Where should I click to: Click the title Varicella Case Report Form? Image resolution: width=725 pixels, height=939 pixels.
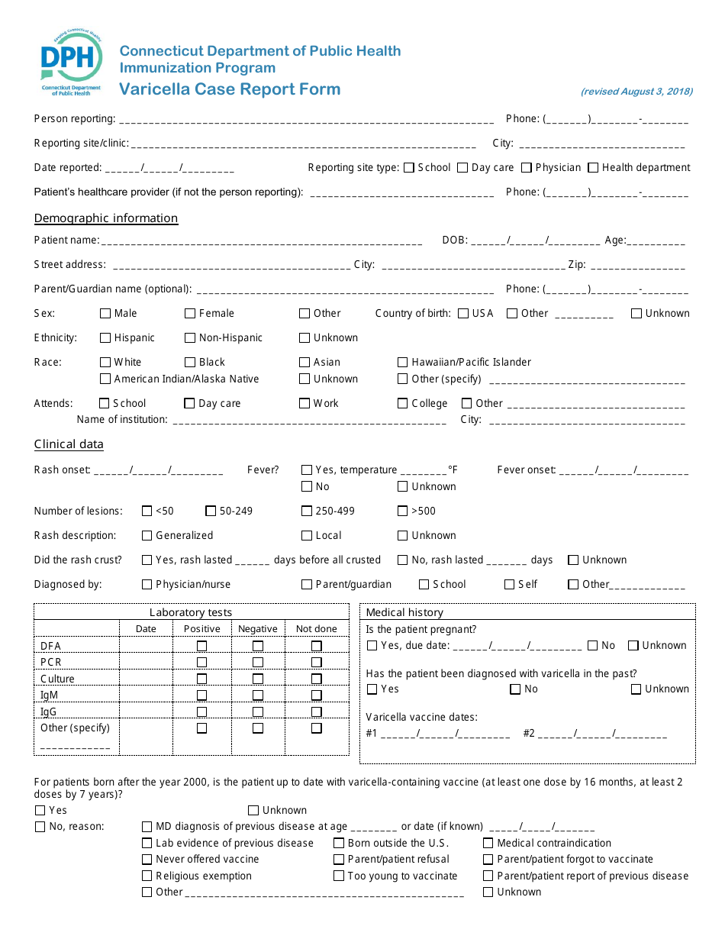(x=230, y=89)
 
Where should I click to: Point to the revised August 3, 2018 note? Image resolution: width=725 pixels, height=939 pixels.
(x=636, y=92)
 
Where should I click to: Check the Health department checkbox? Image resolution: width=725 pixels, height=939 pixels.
(x=593, y=168)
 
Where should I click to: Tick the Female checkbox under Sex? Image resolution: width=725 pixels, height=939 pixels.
(x=190, y=314)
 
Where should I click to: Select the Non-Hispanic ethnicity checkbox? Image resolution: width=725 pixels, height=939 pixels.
(x=190, y=338)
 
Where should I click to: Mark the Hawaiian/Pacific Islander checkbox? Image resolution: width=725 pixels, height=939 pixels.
(x=403, y=363)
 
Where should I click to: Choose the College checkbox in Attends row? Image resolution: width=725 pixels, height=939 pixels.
(x=403, y=404)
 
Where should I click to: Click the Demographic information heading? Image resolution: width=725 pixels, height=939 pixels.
(x=106, y=218)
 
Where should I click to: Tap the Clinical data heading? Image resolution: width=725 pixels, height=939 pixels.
(x=69, y=444)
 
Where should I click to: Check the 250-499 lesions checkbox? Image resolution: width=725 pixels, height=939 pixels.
(x=307, y=511)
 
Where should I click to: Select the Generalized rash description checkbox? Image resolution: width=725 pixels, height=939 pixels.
(x=147, y=536)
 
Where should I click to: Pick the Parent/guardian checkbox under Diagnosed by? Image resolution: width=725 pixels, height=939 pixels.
(x=307, y=585)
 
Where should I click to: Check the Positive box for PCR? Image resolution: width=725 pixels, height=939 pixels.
(x=201, y=663)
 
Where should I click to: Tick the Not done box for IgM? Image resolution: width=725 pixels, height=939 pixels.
(x=316, y=695)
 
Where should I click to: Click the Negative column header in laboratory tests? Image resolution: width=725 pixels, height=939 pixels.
(x=258, y=629)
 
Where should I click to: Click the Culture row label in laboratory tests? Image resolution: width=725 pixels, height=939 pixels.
(x=58, y=679)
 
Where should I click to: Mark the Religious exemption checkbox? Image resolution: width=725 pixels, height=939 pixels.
(x=147, y=876)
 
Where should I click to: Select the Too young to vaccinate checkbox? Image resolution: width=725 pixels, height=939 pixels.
(x=339, y=876)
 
